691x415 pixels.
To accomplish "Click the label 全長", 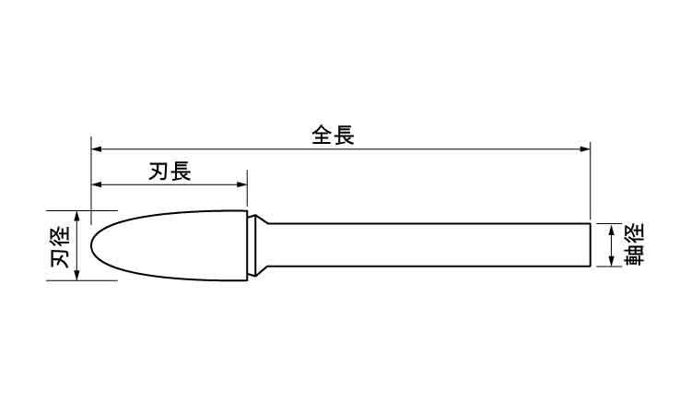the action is [334, 135].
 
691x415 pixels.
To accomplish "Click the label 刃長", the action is [170, 171].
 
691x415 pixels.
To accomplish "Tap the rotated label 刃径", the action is [60, 245].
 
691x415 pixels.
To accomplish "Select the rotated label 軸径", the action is [634, 244].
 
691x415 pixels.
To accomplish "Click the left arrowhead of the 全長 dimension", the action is [97, 149].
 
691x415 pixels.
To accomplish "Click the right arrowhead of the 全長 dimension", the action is [585, 149].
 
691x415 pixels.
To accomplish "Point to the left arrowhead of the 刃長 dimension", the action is [97, 184].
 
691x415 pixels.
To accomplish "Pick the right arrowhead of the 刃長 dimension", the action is [241, 184].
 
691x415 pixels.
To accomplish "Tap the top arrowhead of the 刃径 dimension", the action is [77, 217].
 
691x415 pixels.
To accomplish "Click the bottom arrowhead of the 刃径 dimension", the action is [77, 275].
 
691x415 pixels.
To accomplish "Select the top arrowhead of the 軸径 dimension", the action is [611, 230].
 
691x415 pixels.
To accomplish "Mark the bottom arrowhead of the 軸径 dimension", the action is [611, 261].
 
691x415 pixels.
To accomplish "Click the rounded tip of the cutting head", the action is [91, 245].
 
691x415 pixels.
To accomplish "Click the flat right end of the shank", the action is [590, 245].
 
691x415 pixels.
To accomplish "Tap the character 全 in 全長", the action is [322, 135].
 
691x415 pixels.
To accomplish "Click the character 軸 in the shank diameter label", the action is [634, 255].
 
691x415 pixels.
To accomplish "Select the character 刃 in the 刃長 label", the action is [159, 171].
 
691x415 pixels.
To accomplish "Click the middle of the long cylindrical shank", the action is [429, 245].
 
